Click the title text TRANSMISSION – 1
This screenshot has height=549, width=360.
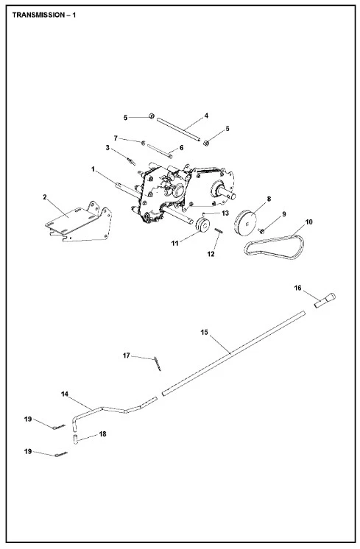pyautogui.click(x=43, y=15)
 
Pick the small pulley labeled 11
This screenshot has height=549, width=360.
pyautogui.click(x=202, y=224)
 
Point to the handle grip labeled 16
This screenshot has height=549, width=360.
pyautogui.click(x=325, y=300)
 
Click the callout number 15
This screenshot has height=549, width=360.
pyautogui.click(x=204, y=332)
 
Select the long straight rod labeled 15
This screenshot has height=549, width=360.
pyautogui.click(x=233, y=353)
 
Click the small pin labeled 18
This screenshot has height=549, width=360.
pyautogui.click(x=75, y=439)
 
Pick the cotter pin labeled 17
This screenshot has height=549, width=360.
pyautogui.click(x=158, y=364)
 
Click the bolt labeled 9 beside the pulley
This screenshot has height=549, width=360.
pyautogui.click(x=261, y=230)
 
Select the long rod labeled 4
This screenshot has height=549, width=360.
pyautogui.click(x=179, y=130)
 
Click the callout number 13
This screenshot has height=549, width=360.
pyautogui.click(x=225, y=213)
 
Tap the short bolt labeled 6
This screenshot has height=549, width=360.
pyautogui.click(x=160, y=151)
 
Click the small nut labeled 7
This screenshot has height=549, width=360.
pyautogui.click(x=143, y=143)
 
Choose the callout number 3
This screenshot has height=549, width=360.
pyautogui.click(x=107, y=148)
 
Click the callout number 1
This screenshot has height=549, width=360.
pyautogui.click(x=93, y=169)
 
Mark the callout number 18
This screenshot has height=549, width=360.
pyautogui.click(x=102, y=433)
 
